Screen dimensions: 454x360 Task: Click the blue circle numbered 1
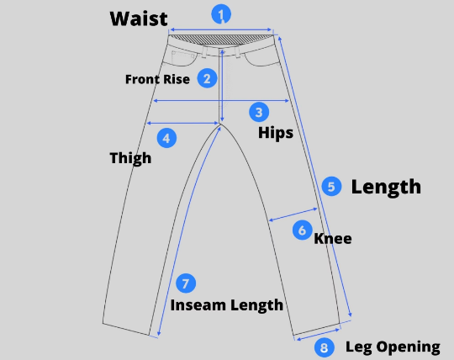pos(221,14)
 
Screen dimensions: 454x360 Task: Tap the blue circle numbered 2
pos(208,78)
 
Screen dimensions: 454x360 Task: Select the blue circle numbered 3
pos(259,112)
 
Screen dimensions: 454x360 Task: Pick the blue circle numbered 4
pos(166,138)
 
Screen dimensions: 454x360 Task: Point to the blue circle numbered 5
pos(331,186)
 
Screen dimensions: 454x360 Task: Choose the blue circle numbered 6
pos(303,230)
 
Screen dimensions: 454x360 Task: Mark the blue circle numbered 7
pos(186,283)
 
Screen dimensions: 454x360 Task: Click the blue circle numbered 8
pos(325,347)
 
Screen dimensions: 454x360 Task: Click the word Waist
pos(139,19)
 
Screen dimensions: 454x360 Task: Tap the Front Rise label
pos(157,79)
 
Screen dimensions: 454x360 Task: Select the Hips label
pos(276,134)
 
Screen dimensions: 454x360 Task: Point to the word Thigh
pos(130,158)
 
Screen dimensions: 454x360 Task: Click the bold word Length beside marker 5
pos(386,188)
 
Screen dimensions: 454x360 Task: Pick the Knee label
pos(333,239)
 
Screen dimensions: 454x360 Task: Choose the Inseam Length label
pos(227,305)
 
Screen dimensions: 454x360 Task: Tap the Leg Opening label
pos(393,347)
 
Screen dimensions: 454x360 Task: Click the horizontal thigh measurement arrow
pos(182,123)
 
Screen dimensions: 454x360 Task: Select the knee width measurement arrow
pos(293,214)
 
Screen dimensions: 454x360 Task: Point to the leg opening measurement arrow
pos(318,335)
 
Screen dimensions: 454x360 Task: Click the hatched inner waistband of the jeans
pos(221,40)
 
